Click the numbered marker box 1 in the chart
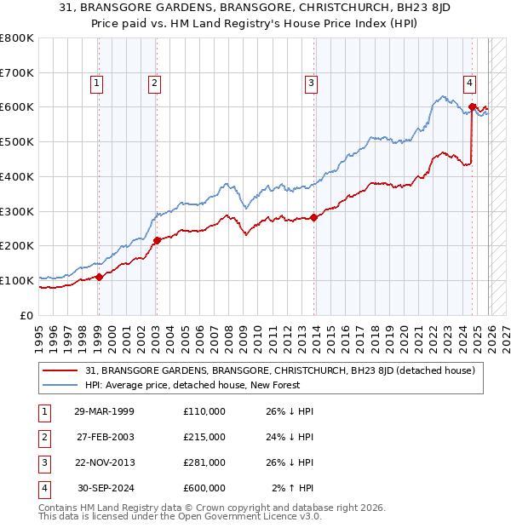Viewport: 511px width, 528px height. click(97, 83)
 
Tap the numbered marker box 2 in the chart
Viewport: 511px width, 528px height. click(154, 83)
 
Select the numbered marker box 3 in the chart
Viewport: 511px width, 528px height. click(312, 83)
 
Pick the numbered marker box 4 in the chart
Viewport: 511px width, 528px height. click(469, 83)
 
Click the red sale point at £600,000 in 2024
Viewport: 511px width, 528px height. click(472, 106)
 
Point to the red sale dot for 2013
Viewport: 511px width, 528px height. click(313, 217)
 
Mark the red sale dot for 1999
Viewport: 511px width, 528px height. click(99, 276)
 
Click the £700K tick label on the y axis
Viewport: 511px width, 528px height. click(17, 73)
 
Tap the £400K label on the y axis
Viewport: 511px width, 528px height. click(17, 176)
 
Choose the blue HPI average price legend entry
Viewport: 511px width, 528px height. click(201, 384)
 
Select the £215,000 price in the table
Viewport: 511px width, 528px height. click(204, 437)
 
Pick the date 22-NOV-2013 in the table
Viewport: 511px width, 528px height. click(104, 462)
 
